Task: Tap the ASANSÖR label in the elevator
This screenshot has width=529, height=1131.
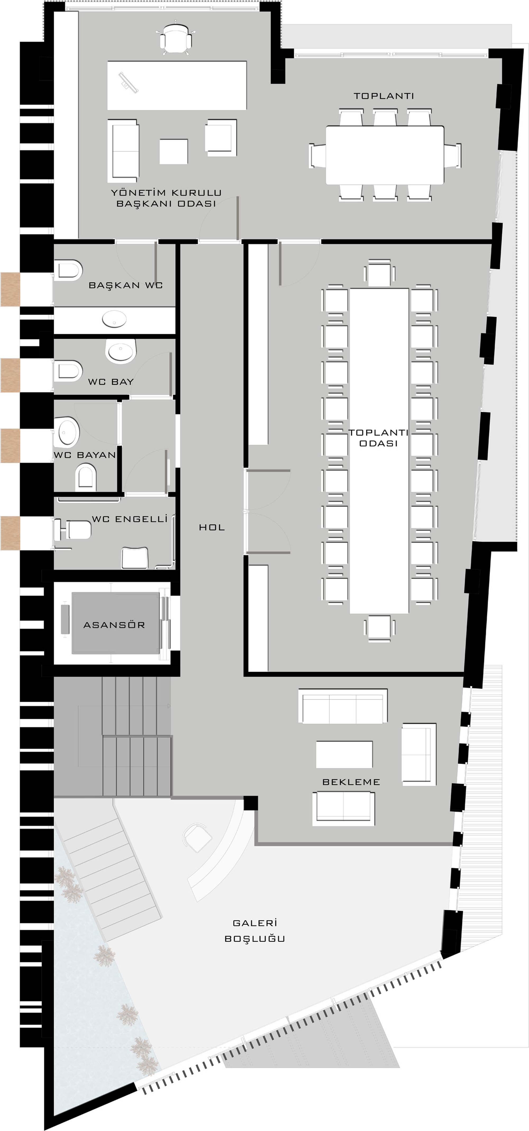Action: click(114, 625)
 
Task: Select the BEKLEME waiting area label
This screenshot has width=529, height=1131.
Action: click(351, 782)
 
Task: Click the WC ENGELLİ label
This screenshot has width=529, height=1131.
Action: click(130, 519)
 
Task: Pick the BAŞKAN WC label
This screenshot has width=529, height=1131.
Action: click(126, 285)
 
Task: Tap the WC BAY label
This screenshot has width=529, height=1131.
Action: click(111, 382)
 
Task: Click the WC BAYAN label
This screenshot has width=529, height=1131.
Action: click(85, 455)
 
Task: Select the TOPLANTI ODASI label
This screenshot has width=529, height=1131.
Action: click(379, 438)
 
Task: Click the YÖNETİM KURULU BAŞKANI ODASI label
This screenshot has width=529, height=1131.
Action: click(166, 198)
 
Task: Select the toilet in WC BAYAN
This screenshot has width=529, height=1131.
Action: click(86, 478)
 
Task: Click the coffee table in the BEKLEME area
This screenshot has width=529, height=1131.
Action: click(344, 754)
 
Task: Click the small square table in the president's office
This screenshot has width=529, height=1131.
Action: click(174, 152)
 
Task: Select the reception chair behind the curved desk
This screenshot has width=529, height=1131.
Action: click(197, 837)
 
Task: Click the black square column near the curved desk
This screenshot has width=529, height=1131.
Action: click(251, 803)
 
